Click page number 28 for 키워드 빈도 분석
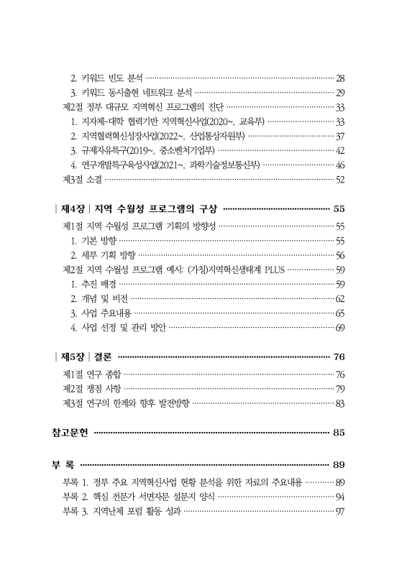pos(340,78)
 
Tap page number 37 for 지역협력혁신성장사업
pos(340,136)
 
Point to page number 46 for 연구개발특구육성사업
pos(340,165)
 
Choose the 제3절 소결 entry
pos(83,179)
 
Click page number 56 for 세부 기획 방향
pos(340,254)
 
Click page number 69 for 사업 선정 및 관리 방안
pos(340,328)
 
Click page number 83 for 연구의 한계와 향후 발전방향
pos(340,403)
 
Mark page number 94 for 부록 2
pos(340,497)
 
